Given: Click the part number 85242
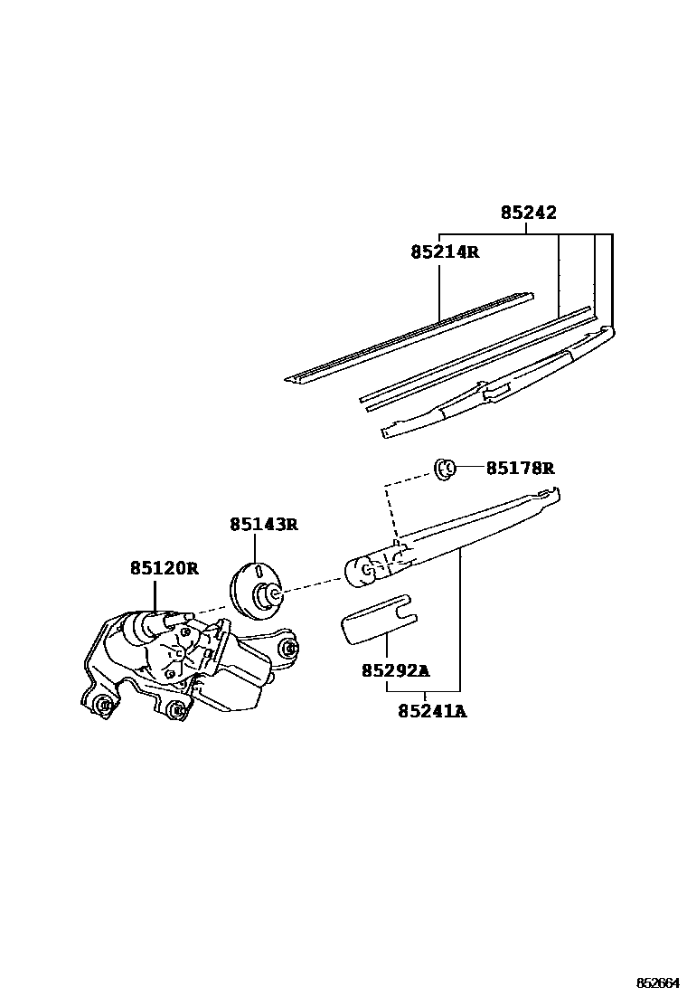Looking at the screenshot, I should (529, 214).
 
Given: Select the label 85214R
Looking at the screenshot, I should (443, 252).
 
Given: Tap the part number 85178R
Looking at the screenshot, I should (520, 468).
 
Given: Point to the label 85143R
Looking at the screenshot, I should (263, 524).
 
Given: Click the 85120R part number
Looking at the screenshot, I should (164, 568).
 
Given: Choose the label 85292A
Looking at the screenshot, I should (395, 670).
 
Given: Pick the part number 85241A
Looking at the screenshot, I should (432, 711).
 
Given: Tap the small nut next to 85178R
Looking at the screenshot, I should (444, 468).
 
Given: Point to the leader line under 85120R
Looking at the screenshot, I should (155, 594).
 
